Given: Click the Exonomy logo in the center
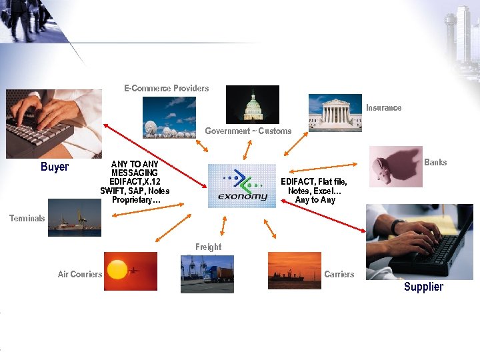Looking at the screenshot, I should (x=241, y=186).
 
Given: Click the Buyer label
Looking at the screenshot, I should (x=55, y=167).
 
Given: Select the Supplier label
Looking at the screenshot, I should (x=423, y=287).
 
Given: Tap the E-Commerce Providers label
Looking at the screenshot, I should (x=166, y=88).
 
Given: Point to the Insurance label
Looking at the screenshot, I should (x=383, y=107).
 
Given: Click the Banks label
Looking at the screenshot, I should (x=435, y=162).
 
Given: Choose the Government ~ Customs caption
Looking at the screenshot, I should (x=248, y=131).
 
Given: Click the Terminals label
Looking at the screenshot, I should (x=27, y=218).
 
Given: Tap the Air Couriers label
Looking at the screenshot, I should (x=80, y=274).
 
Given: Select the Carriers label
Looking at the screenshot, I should (x=339, y=274).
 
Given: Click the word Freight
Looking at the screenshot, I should (x=208, y=247).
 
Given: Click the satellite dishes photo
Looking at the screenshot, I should (x=169, y=117).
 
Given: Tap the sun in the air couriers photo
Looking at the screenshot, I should (x=117, y=269).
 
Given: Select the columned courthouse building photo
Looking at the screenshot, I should (x=335, y=112).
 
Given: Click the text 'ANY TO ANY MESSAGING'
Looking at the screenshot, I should (x=135, y=168).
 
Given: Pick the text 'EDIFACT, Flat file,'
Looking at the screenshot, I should (x=313, y=181).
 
